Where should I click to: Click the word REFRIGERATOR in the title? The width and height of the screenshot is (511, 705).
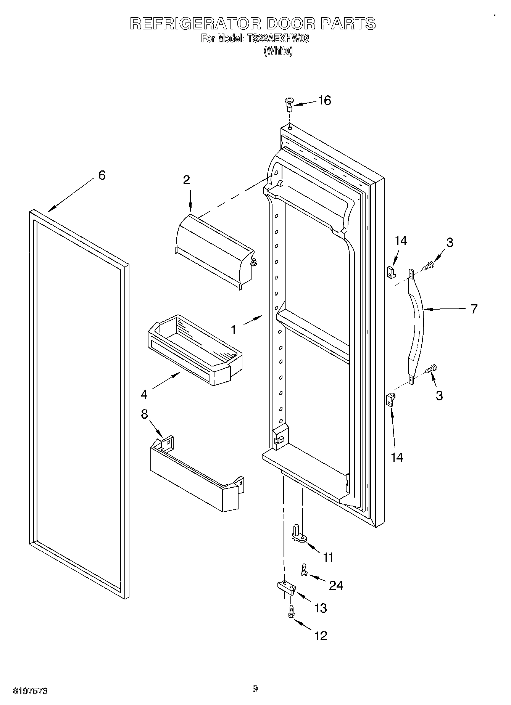(195, 24)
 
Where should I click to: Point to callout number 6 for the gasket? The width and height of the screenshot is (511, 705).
(102, 175)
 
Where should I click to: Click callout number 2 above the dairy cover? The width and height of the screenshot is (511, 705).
(186, 180)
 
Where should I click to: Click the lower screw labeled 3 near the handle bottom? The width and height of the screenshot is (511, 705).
(432, 369)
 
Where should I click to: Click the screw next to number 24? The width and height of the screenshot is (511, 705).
(304, 570)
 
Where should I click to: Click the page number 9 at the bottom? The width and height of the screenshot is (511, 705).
(255, 689)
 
